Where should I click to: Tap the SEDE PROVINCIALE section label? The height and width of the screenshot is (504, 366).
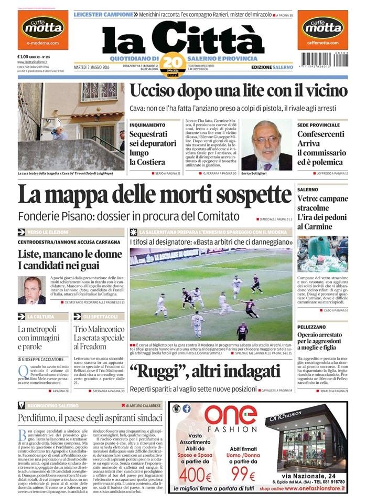click(318, 125)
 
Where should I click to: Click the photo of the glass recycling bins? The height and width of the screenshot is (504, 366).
click(322, 254)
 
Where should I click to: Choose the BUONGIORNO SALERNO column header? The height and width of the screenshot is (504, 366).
click(55, 405)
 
